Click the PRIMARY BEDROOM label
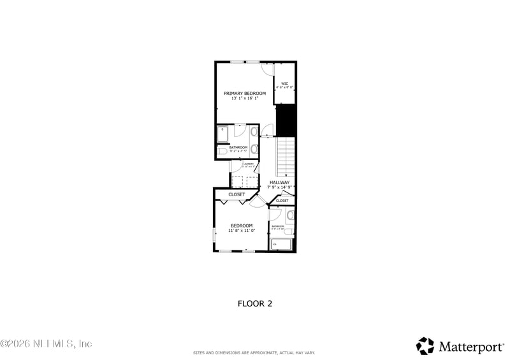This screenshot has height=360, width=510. tap(245, 93)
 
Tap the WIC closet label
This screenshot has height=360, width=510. tap(285, 83)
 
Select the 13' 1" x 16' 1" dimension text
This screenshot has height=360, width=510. tap(245, 99)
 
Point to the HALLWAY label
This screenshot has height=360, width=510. tap(279, 182)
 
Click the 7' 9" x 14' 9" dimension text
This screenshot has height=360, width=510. tap(279, 187)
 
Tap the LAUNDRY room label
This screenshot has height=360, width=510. tap(248, 164)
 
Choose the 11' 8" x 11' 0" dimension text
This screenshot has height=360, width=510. tap(242, 231)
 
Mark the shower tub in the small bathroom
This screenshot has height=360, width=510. tap(280, 244)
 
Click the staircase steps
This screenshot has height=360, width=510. tap(286, 156)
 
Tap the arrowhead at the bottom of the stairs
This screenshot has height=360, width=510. tap(286, 175)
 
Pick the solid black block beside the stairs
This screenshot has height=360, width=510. tap(286, 120)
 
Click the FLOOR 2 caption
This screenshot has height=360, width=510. tap(255, 303)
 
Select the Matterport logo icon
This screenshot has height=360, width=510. tap(425, 346)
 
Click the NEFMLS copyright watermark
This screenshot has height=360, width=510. tap(47, 344)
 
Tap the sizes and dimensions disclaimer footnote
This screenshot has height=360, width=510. tap(254, 353)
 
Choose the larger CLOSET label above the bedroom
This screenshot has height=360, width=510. tap(237, 195)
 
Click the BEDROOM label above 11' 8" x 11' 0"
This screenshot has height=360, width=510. tap(242, 226)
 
